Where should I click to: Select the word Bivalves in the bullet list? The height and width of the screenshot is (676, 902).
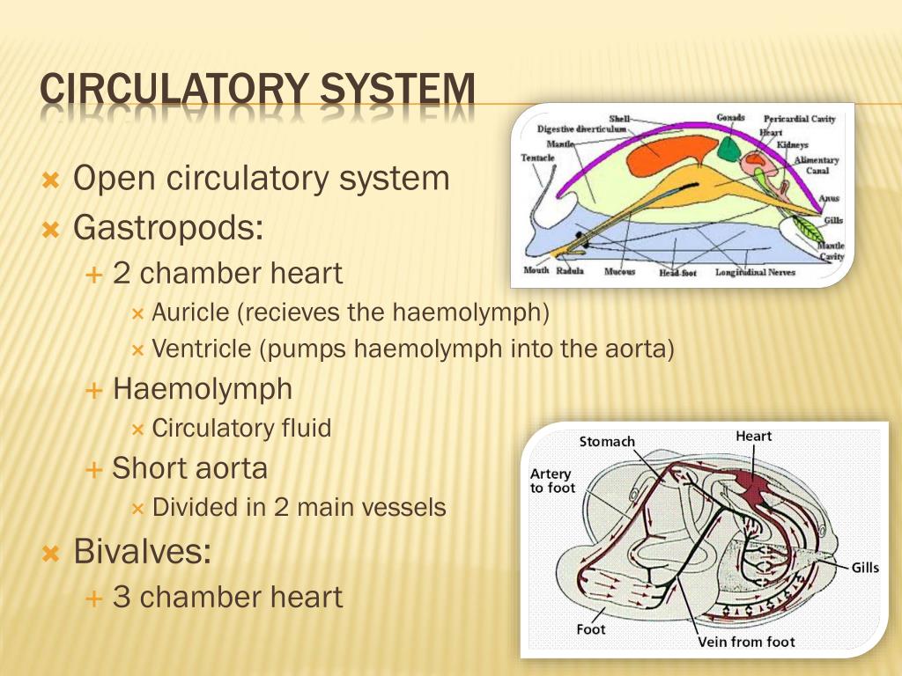coord(142,552)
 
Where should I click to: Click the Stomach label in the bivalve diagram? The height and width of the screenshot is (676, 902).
coord(607,441)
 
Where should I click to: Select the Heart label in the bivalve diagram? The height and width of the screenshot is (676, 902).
coord(753,436)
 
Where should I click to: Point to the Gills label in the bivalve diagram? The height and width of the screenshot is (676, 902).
coord(865,568)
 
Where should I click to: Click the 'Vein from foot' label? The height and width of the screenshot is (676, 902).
coord(746,642)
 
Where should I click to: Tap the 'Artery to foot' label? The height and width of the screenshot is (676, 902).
coord(552,481)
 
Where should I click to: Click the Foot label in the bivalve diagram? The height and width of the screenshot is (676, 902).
coord(591,629)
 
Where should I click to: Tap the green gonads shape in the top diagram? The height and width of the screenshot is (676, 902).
coord(728,146)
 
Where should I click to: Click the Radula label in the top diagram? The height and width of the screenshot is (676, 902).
coord(570,271)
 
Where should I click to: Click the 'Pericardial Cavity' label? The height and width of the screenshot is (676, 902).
coord(800,119)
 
